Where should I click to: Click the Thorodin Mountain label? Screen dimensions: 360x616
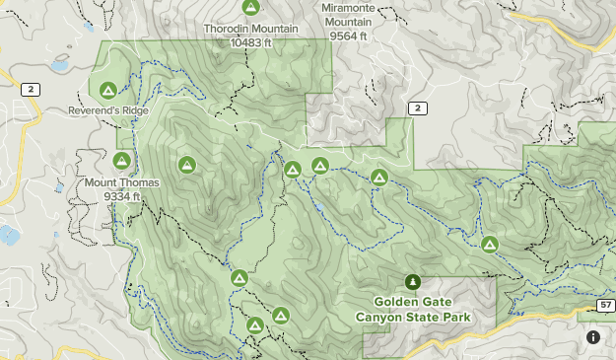251,30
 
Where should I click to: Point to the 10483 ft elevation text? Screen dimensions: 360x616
251,42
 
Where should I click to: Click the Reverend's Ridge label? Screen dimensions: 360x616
108,111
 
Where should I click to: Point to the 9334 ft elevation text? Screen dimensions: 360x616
122,195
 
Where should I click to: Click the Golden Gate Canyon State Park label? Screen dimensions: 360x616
413,309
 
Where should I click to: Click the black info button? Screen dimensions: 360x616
593,337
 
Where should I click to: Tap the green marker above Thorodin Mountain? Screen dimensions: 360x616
251,8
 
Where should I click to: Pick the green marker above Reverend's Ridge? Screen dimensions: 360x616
107,88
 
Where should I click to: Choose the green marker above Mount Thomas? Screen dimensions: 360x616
122,160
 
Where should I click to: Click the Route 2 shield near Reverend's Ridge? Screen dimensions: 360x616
33,90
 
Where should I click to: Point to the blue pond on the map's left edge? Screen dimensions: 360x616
8,235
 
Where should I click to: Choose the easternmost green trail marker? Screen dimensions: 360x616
489,244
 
